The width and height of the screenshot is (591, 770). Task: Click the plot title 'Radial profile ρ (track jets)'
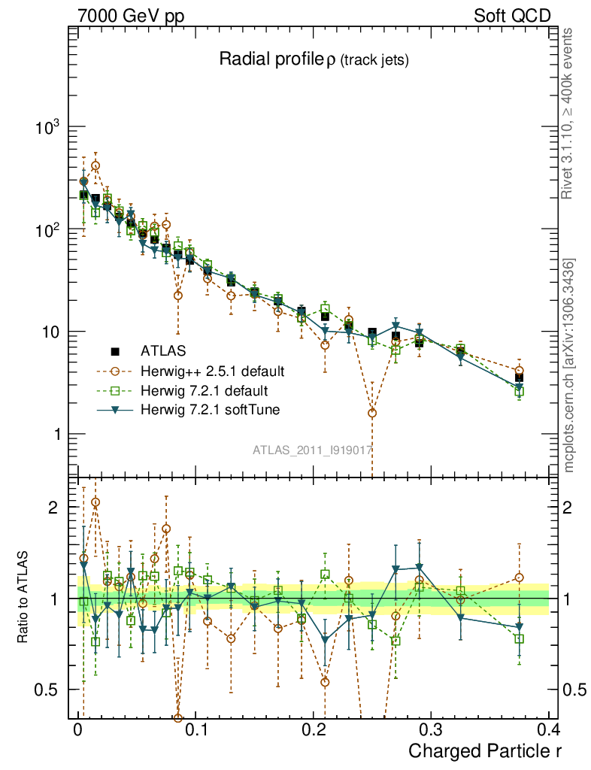pyautogui.click(x=314, y=60)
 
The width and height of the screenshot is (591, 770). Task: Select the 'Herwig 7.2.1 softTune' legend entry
pyautogui.click(x=209, y=411)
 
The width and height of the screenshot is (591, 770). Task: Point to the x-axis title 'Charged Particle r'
pyautogui.click(x=485, y=750)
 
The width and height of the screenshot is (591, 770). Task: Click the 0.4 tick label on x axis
pyautogui.click(x=547, y=729)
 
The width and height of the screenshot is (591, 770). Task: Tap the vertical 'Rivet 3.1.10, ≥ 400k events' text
pyautogui.click(x=568, y=114)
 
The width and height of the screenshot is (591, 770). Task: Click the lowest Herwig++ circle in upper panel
pyautogui.click(x=372, y=413)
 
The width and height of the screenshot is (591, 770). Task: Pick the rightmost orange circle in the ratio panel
pyautogui.click(x=519, y=577)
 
